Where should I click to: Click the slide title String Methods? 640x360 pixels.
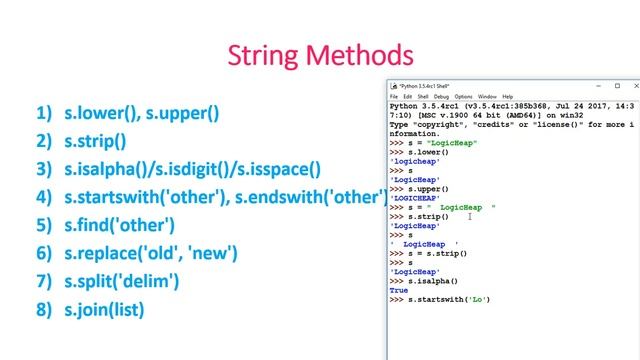click(319, 54)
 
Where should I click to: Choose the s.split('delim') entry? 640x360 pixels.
click(121, 281)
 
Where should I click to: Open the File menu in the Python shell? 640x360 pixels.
click(394, 96)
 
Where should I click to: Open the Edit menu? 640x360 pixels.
click(408, 96)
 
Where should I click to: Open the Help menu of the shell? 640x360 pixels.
click(508, 96)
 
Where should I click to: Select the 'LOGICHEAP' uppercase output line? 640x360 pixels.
click(416, 198)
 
